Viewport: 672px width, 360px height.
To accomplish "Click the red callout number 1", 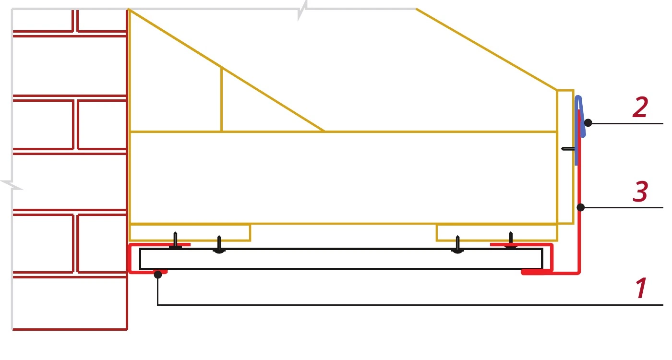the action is point(641,288).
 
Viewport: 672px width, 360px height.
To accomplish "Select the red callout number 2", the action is point(640,107).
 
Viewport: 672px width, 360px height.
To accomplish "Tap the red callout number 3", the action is point(640,191).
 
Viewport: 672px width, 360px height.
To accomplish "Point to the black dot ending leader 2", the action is point(588,123).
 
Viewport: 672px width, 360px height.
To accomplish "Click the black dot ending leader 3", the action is point(581,207).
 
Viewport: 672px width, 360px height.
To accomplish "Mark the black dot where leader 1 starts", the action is point(158,274).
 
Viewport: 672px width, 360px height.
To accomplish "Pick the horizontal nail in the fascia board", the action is point(568,148).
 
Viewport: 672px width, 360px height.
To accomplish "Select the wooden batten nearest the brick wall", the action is point(190,232).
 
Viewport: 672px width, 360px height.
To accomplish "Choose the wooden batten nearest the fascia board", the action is point(497,232).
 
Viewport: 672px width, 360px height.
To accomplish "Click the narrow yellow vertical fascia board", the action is point(565,157).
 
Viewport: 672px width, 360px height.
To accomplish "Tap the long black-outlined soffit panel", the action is point(341,259).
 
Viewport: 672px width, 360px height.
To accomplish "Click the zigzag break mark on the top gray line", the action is point(302,11).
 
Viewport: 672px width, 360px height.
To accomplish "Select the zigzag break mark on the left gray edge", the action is point(12,185).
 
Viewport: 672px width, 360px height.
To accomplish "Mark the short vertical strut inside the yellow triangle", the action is point(222,99).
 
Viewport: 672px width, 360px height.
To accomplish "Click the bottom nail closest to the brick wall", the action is point(176,240).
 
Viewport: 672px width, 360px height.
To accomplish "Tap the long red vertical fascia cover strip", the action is point(580,192).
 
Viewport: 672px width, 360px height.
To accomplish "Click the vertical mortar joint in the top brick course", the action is point(75,20).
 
